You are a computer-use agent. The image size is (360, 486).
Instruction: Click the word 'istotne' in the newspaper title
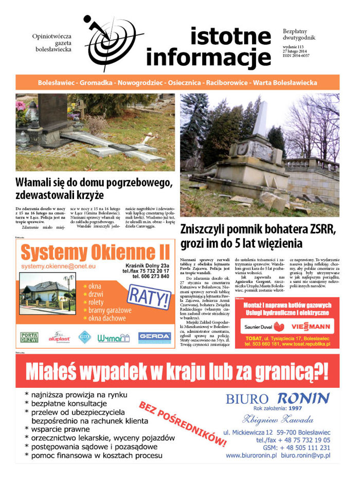[230, 37]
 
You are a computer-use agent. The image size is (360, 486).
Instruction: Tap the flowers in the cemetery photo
[21, 106]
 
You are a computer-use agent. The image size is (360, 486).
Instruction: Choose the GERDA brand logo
[154, 337]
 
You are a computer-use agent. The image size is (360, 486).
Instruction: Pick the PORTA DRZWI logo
[29, 337]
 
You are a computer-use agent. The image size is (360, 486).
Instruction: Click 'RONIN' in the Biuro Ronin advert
[303, 398]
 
